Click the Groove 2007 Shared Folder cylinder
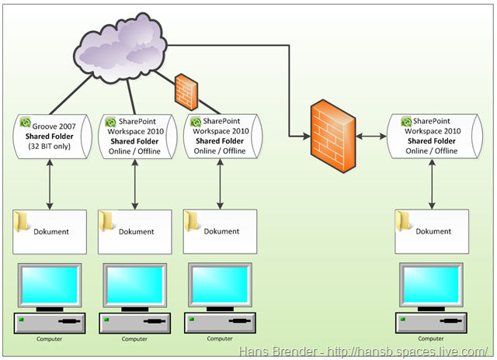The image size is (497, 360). [50, 137]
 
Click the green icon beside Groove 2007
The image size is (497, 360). [26, 123]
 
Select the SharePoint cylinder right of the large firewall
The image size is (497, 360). [433, 137]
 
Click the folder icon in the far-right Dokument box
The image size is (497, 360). [404, 221]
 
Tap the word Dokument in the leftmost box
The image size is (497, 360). [52, 231]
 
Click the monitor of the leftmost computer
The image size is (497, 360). [50, 286]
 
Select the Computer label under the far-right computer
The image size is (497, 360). [433, 338]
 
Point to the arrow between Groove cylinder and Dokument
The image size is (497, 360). [50, 185]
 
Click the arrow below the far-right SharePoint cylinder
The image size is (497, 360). [433, 185]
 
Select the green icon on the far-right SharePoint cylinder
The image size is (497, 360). [405, 123]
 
